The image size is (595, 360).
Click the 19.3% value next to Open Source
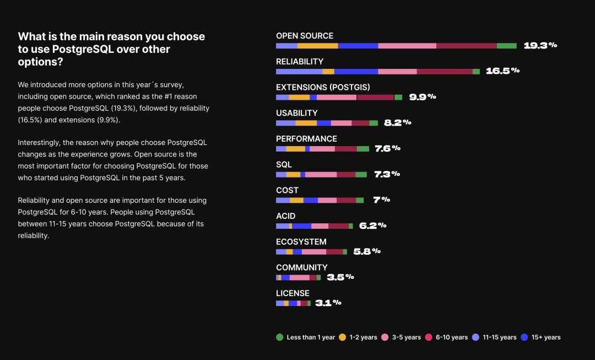pos(540,45)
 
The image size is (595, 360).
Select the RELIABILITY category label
pos(300,61)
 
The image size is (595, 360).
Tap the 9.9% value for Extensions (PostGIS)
pos(423,96)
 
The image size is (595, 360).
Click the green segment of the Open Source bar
pos(506,46)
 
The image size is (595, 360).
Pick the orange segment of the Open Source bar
pos(317,46)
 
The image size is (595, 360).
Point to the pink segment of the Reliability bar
pos(397,72)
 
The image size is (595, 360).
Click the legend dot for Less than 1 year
pos(279,337)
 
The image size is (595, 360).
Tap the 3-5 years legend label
pos(407,337)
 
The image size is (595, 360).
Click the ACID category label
pos(286,216)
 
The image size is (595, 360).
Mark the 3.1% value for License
pos(328,303)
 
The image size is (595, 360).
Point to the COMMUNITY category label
pos(302,267)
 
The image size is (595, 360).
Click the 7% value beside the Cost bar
pos(381,200)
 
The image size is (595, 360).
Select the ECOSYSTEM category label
pos(301,241)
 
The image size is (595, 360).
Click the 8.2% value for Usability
pos(398,122)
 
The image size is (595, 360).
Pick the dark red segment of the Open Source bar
pos(466,46)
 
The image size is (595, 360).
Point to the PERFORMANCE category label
pos(306,138)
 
